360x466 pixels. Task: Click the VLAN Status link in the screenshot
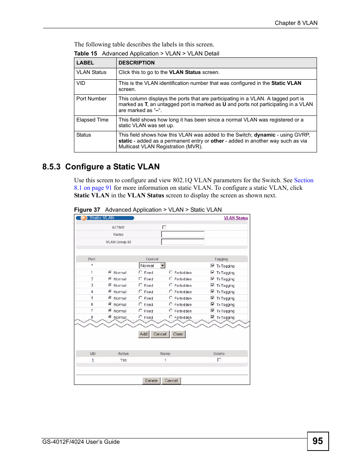pos(236,218)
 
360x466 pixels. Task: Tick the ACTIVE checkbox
pos(164,227)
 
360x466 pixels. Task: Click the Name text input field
pos(183,234)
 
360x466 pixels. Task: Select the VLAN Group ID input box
pos(183,242)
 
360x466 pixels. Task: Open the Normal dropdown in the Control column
pos(163,266)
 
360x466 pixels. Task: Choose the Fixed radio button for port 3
pos(140,285)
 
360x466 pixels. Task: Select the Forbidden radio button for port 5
pos(171,298)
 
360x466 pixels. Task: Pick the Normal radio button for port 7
pos(110,311)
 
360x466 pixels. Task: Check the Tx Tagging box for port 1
pos(212,272)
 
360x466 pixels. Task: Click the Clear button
pos(178,334)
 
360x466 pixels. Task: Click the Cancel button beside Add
pos(160,334)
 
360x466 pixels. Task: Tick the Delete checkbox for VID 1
pos(219,360)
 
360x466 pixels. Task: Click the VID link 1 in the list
pos(93,360)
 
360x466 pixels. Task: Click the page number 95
pos(318,441)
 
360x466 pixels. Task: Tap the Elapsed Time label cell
pos(92,120)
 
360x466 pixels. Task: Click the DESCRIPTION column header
pos(137,63)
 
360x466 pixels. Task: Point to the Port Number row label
pos(91,98)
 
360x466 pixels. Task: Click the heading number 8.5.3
pos(51,167)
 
